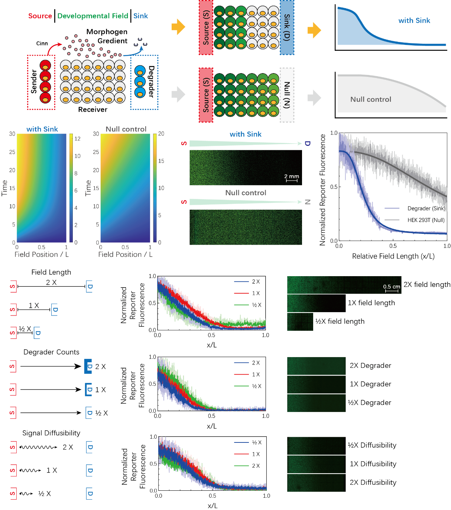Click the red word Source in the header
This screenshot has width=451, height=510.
point(40,16)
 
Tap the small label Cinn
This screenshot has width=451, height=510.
point(42,43)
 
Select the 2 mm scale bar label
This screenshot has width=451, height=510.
point(292,176)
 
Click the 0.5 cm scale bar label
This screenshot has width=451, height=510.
point(392,287)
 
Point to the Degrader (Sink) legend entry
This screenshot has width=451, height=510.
point(426,209)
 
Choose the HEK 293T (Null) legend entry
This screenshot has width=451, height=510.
point(426,220)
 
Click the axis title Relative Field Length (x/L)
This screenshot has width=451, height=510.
point(393,256)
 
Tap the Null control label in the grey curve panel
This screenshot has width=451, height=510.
point(371,99)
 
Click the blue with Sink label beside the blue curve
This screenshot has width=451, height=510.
point(414,21)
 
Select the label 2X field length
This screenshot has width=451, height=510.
point(427,285)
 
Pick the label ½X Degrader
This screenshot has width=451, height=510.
point(369,403)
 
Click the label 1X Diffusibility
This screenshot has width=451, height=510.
point(373,464)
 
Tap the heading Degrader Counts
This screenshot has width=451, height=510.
point(51,352)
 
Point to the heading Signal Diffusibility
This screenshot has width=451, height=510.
point(51,433)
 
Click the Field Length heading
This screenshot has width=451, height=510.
point(51,272)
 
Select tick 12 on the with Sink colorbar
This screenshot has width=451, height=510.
point(77,139)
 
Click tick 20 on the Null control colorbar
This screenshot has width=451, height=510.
point(161,134)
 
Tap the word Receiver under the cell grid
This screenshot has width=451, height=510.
point(93,109)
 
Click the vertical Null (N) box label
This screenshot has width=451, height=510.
point(287,95)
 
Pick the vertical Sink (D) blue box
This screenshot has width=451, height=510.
point(287,27)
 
